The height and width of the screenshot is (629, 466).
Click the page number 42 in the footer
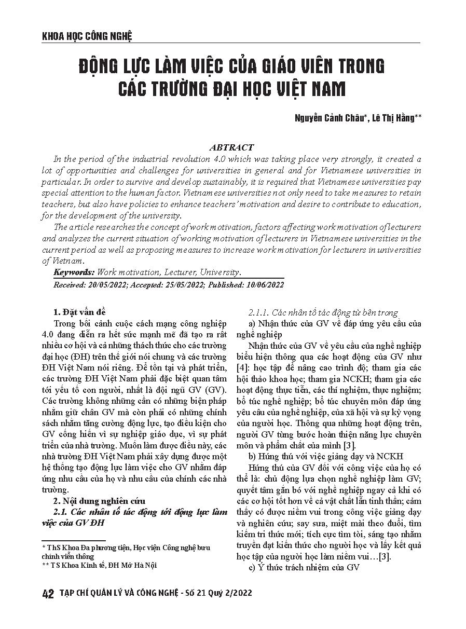[x=47, y=594]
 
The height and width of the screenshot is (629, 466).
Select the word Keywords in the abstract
[x=74, y=272]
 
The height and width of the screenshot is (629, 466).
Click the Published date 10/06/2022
[x=264, y=285]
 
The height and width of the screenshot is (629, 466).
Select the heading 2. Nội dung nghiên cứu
[x=96, y=501]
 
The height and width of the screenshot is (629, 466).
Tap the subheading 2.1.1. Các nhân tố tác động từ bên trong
[x=323, y=312]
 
